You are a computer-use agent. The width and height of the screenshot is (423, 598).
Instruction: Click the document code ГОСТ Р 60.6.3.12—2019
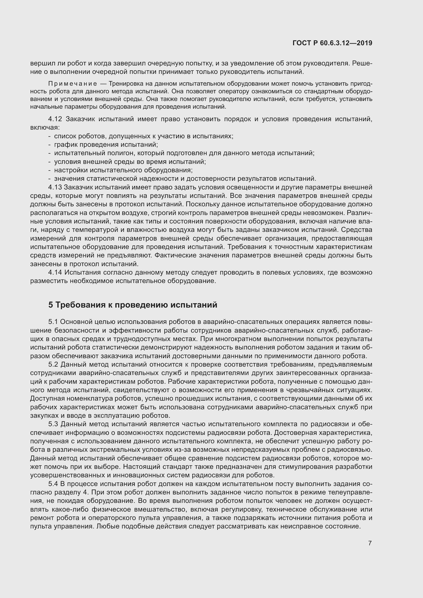click(x=332, y=43)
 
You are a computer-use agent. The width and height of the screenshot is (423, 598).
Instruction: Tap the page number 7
click(x=370, y=543)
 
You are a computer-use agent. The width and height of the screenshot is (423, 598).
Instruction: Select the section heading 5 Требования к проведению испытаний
click(x=132, y=304)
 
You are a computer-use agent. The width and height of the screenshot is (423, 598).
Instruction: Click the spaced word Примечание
click(x=73, y=84)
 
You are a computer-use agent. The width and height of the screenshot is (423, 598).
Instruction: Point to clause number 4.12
click(x=55, y=119)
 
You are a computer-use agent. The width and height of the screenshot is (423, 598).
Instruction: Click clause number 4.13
click(x=55, y=187)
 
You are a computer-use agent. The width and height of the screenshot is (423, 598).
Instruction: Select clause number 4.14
click(x=55, y=273)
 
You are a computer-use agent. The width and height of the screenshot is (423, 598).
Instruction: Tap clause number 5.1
click(x=54, y=322)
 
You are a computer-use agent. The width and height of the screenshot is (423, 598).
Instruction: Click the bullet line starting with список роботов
click(x=143, y=136)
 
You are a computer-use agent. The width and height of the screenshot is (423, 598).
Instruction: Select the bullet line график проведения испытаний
click(x=106, y=144)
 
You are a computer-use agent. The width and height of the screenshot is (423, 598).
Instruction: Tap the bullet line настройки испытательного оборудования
click(x=123, y=170)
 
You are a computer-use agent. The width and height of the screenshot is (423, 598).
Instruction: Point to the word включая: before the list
click(x=45, y=128)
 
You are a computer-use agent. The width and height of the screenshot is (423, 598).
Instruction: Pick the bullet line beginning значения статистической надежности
click(x=185, y=179)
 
